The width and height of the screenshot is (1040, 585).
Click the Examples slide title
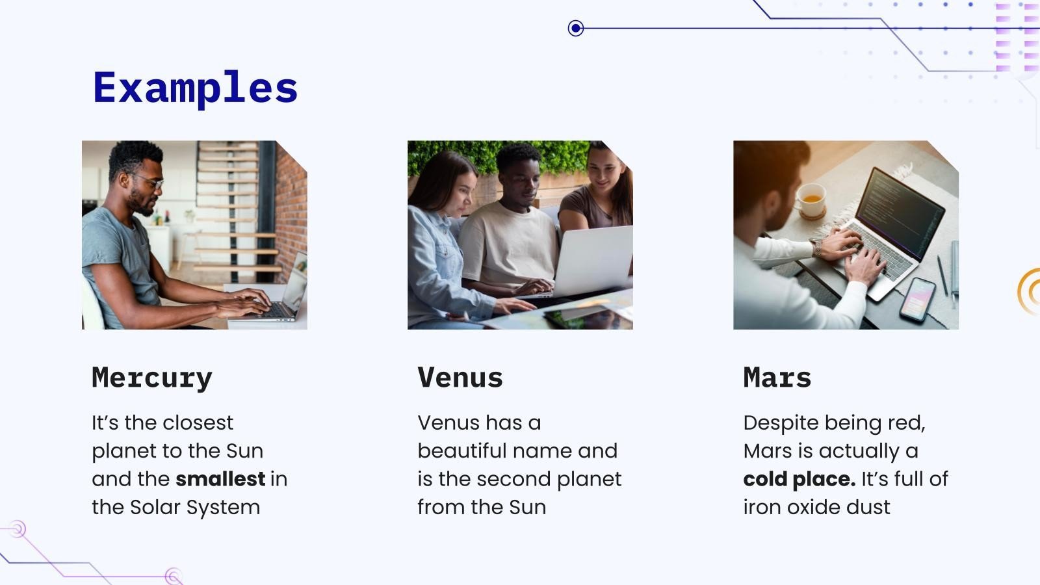click(x=195, y=88)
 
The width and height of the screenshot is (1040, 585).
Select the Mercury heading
click(x=152, y=378)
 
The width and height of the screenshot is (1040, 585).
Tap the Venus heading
click(x=460, y=378)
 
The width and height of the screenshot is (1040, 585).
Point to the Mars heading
click(x=777, y=378)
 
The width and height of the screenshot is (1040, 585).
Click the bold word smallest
click(x=220, y=479)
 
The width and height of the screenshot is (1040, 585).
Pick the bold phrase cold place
click(x=799, y=479)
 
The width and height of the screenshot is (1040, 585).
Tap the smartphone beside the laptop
click(x=917, y=299)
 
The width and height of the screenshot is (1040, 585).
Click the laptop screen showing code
click(x=900, y=211)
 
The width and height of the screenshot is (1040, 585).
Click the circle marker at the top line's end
click(x=575, y=29)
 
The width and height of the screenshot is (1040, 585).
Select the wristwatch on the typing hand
click(x=816, y=248)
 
